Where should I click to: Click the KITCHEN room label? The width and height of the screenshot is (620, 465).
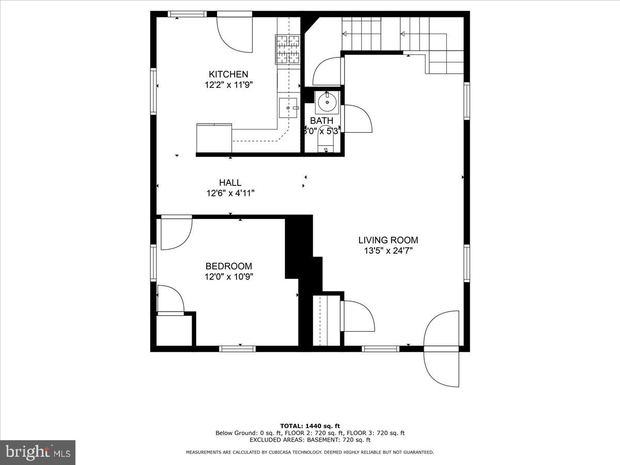pyautogui.click(x=228, y=74)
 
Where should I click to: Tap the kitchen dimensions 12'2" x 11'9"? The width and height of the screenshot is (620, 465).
pyautogui.click(x=228, y=84)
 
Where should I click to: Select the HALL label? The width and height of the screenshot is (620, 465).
pyautogui.click(x=230, y=183)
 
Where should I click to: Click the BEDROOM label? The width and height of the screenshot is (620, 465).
pyautogui.click(x=229, y=267)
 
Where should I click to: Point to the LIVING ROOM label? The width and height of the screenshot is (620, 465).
pyautogui.click(x=388, y=240)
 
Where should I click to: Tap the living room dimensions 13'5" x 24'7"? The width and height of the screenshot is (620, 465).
pyautogui.click(x=388, y=251)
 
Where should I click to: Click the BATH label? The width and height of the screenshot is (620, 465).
pyautogui.click(x=321, y=121)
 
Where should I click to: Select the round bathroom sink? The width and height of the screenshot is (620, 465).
pyautogui.click(x=327, y=102)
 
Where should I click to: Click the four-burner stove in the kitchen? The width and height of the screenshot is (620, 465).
pyautogui.click(x=288, y=49)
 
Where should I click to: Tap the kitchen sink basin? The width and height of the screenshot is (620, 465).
pyautogui.click(x=288, y=107)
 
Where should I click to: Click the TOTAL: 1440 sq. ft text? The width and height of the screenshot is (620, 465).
pyautogui.click(x=310, y=426)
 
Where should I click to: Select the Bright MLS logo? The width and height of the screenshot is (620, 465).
pyautogui.click(x=38, y=453)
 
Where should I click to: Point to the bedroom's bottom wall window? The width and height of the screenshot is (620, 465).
pyautogui.click(x=238, y=349)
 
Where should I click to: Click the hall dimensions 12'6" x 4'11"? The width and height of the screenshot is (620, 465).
pyautogui.click(x=230, y=193)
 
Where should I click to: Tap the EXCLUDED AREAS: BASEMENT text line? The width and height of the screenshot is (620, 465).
pyautogui.click(x=310, y=440)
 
